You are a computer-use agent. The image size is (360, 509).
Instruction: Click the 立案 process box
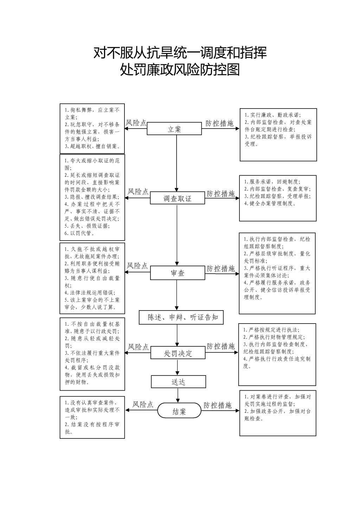click(174, 129)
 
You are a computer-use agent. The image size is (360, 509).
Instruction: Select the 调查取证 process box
click(177, 198)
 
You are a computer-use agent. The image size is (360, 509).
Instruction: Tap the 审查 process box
click(178, 273)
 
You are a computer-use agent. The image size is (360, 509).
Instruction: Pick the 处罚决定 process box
click(178, 353)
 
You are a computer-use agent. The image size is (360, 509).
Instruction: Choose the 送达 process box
click(178, 382)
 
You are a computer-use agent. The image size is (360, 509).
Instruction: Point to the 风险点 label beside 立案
click(136, 123)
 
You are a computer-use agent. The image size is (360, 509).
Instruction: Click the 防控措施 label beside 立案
click(220, 123)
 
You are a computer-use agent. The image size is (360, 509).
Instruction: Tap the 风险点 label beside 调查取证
click(138, 192)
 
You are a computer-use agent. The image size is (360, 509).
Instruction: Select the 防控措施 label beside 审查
click(221, 269)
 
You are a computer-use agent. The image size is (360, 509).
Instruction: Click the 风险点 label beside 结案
click(143, 405)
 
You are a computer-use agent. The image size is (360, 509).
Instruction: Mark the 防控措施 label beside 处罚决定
click(220, 346)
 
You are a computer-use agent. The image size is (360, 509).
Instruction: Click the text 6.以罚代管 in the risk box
click(79, 233)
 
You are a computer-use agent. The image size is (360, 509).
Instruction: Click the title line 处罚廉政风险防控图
click(180, 70)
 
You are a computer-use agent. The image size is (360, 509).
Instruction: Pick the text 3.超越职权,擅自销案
click(92, 146)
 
